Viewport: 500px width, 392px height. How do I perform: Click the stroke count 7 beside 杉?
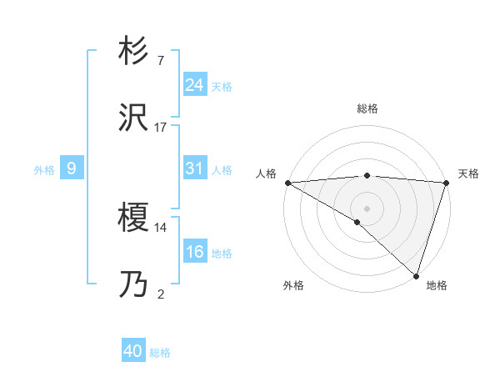coord(161,61)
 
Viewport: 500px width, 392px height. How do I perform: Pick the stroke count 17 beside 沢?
coord(161,128)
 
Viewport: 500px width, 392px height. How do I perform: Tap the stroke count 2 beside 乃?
coord(161,294)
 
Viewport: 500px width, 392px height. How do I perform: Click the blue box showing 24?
coord(194,85)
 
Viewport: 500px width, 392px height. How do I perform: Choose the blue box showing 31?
coord(194,168)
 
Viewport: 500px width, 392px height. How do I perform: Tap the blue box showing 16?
coord(194,252)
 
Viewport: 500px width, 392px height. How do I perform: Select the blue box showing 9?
coord(72,168)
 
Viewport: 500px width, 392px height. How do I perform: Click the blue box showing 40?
coord(133,351)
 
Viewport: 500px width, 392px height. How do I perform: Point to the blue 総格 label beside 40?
coord(160,353)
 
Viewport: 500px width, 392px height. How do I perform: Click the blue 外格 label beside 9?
coord(44,170)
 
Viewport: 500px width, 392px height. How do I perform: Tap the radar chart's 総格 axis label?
coord(367,108)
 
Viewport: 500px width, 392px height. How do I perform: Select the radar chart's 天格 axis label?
coord(469,173)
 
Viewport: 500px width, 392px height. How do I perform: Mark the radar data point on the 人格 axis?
coord(287,183)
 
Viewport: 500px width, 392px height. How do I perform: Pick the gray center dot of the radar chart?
coord(367,208)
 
